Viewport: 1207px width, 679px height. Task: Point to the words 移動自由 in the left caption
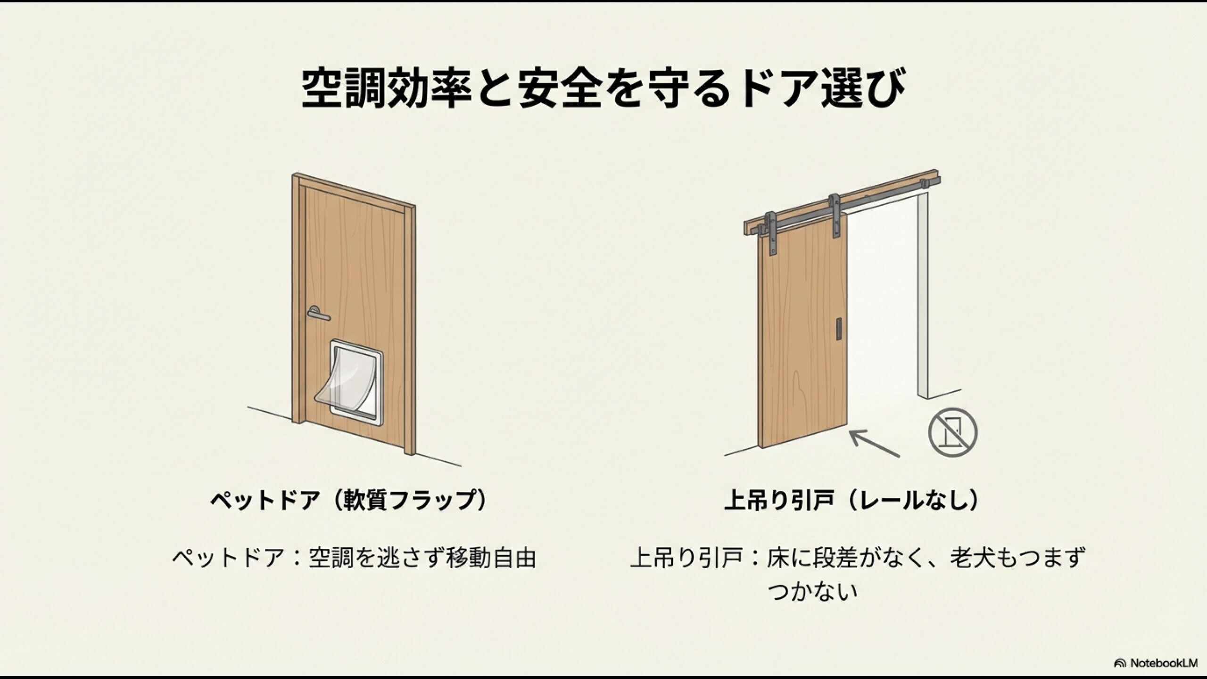[490, 558]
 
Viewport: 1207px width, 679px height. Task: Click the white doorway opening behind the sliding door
[882, 306]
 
